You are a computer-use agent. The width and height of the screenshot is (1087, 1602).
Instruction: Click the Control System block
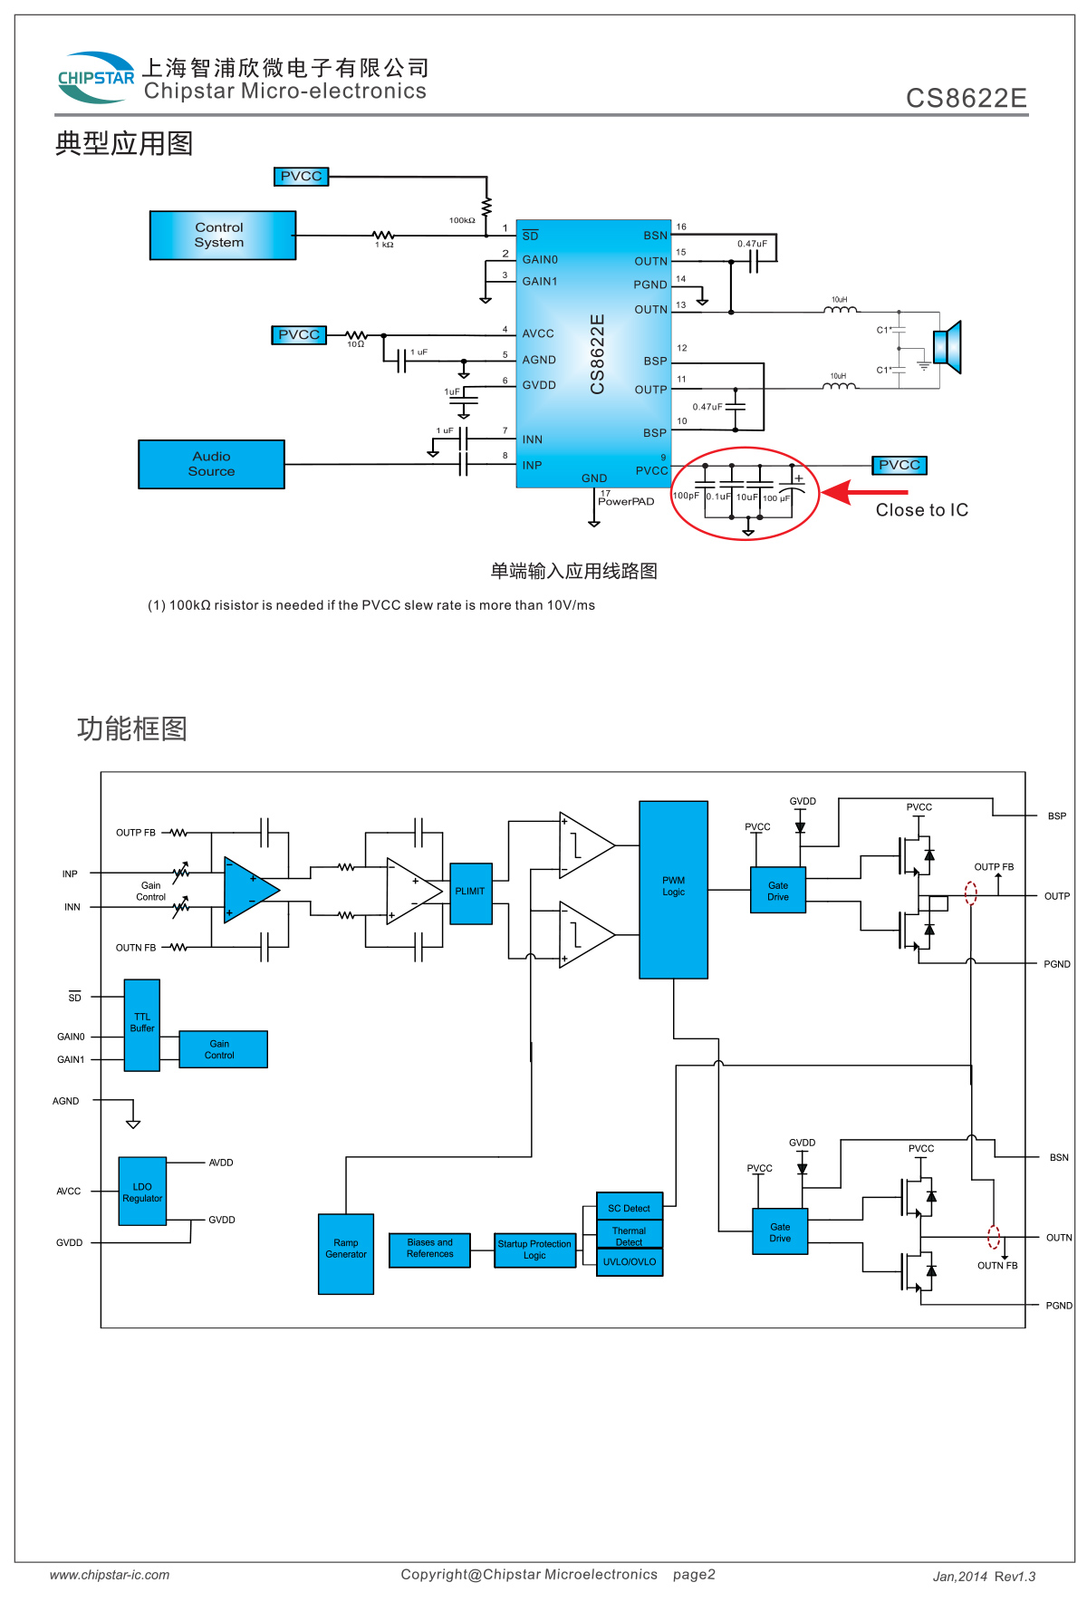point(223,236)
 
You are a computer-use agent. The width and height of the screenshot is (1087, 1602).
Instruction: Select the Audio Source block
point(211,464)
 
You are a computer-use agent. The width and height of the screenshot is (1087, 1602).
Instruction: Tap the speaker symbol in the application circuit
point(948,347)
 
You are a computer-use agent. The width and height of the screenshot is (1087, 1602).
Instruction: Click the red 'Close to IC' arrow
point(865,492)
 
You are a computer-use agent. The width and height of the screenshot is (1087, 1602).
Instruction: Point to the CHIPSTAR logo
point(96,77)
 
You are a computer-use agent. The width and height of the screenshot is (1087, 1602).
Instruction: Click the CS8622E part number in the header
point(967,98)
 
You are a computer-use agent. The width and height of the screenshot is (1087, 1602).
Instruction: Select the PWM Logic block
point(673,890)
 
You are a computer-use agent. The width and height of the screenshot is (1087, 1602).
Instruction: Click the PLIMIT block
point(471,893)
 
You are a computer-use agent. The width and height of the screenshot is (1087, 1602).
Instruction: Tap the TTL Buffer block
point(142,1025)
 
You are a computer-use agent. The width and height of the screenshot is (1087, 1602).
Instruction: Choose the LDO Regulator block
point(142,1192)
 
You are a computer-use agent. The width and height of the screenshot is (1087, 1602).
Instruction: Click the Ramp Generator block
point(346,1254)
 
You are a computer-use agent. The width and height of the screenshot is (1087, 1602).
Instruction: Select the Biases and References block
point(429,1250)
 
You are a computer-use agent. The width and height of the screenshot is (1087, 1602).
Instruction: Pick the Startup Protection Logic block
point(534,1250)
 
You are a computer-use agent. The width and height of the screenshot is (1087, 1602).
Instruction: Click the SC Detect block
point(630,1207)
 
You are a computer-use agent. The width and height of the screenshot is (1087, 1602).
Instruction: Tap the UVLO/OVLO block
point(630,1262)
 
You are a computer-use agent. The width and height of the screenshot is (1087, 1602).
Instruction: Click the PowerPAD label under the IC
point(626,502)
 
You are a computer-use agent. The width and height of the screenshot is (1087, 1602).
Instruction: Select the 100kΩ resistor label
point(462,220)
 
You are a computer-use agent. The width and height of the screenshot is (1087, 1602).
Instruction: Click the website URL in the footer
point(110,1575)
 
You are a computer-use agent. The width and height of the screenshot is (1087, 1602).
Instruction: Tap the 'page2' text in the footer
point(694,1575)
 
